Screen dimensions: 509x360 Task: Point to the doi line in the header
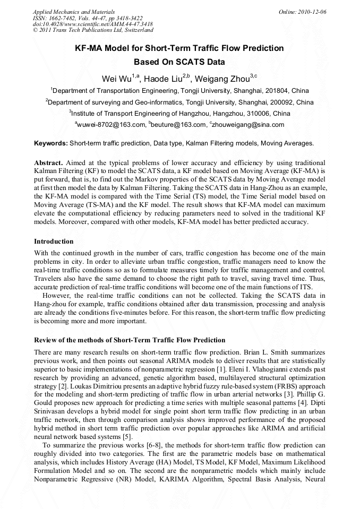tap(93, 24)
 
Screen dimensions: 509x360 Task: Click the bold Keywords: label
tap(50, 143)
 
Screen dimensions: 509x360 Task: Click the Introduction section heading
tap(54, 241)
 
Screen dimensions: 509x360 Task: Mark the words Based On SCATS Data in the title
tap(179, 62)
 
